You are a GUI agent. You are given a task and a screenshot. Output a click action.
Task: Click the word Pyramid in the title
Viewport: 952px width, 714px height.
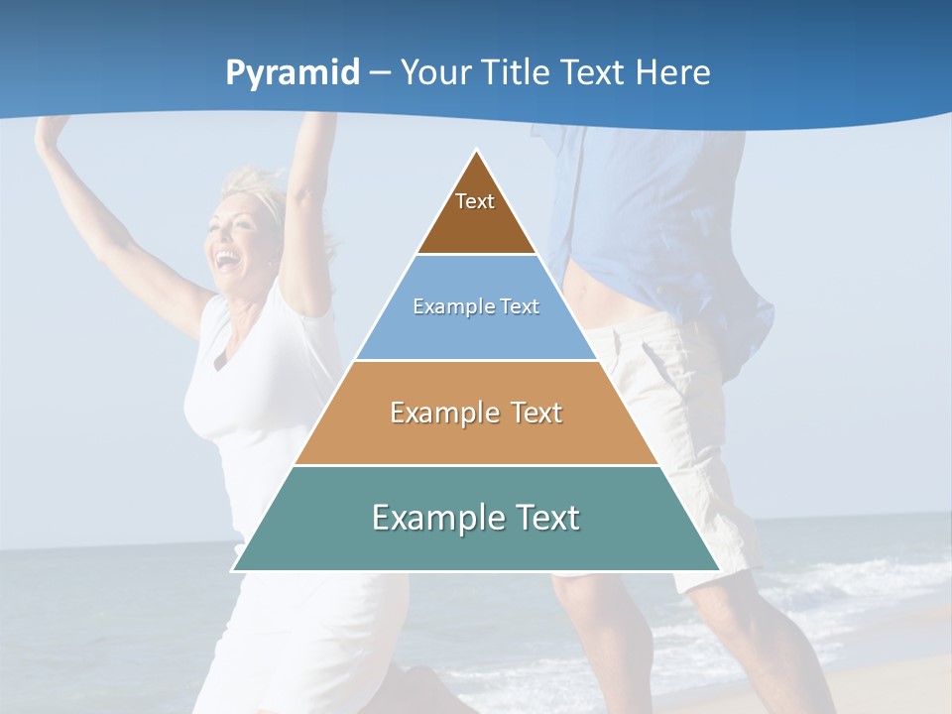(293, 73)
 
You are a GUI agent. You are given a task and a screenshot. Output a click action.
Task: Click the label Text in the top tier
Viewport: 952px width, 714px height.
(475, 201)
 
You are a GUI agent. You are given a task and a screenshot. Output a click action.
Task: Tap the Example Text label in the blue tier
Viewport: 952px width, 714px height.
(476, 306)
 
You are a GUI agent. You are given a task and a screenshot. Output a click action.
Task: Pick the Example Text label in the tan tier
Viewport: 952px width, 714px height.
(476, 413)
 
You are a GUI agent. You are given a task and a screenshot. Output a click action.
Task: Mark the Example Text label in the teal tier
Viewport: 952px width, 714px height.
(476, 518)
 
